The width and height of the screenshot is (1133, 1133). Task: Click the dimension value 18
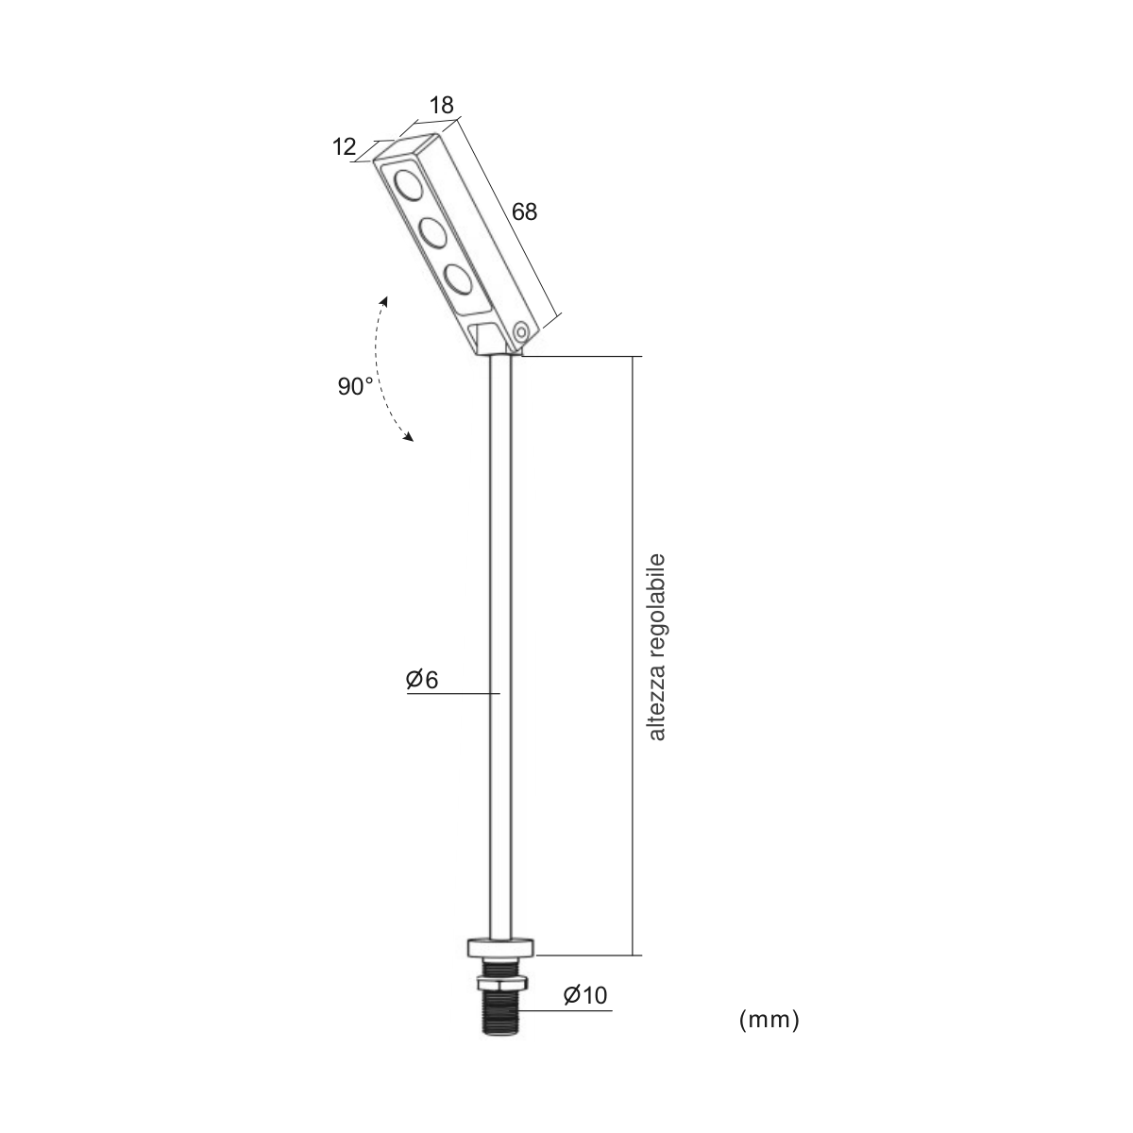point(442,105)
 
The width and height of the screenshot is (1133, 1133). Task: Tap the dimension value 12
point(344,146)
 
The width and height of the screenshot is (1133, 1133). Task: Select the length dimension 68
point(524,211)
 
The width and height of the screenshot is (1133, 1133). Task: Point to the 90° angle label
point(355,386)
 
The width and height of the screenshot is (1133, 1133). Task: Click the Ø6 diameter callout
point(422,680)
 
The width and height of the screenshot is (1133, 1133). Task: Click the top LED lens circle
point(409,185)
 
